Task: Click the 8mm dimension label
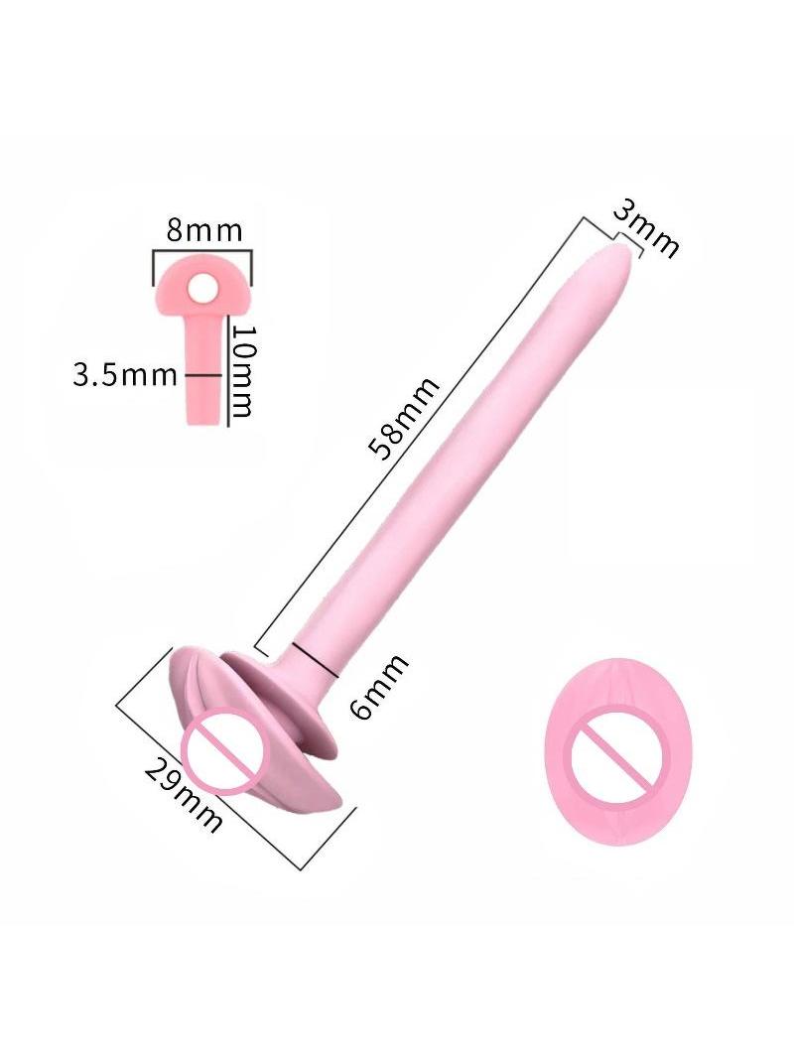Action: click(x=204, y=230)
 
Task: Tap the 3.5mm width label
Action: click(x=125, y=375)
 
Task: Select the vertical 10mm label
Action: click(x=242, y=371)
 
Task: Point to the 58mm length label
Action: click(x=404, y=418)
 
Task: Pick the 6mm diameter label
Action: click(x=380, y=686)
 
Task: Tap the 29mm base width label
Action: click(x=184, y=795)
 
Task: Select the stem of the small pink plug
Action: click(x=204, y=373)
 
